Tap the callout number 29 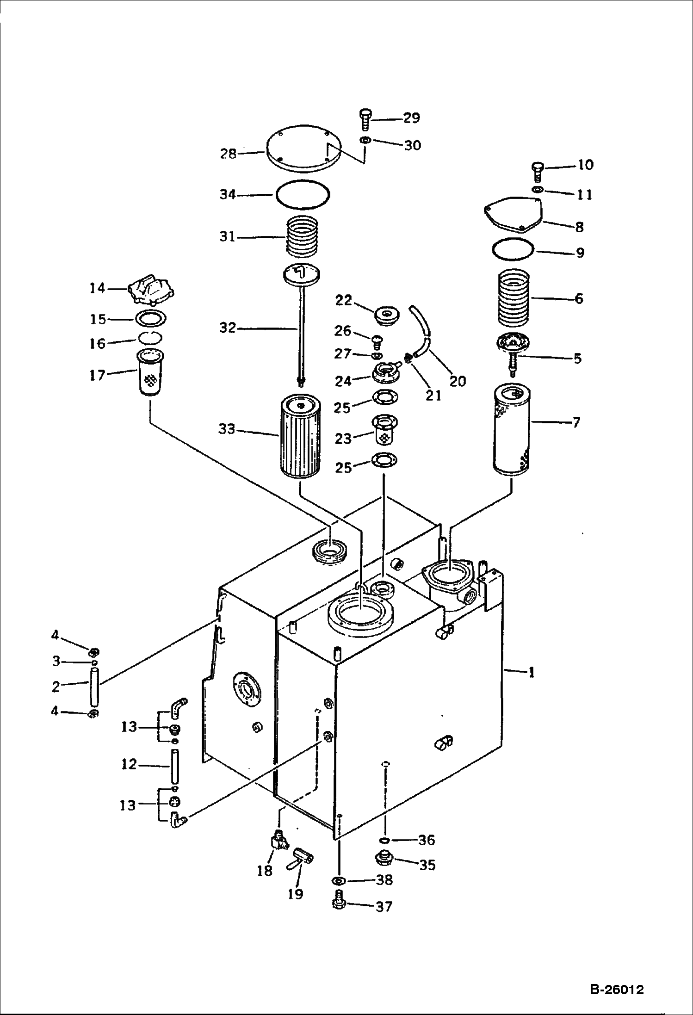pos(411,118)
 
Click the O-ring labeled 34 pos(303,196)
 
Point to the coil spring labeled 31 pos(303,236)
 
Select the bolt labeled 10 pos(537,173)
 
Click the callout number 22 pos(343,300)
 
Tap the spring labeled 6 pos(514,298)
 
